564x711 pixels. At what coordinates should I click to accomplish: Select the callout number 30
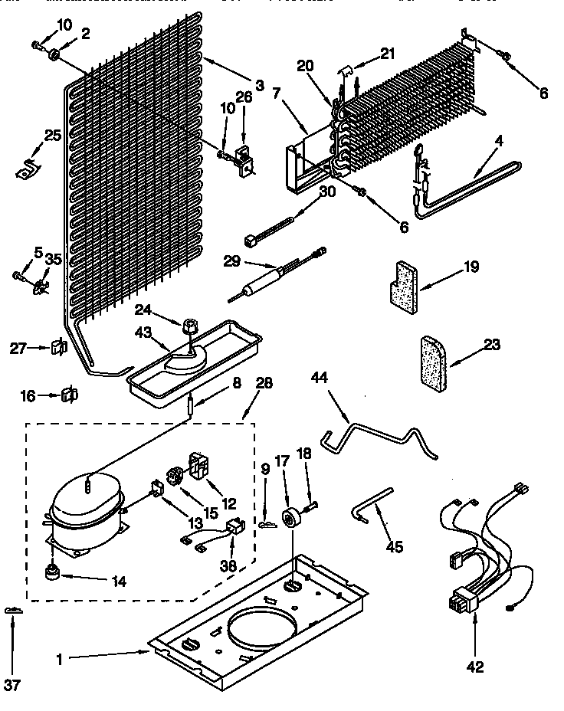coord(327,193)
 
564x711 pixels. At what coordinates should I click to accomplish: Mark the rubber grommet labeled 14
coord(53,572)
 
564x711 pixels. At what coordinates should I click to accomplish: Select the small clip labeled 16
coord(70,395)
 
